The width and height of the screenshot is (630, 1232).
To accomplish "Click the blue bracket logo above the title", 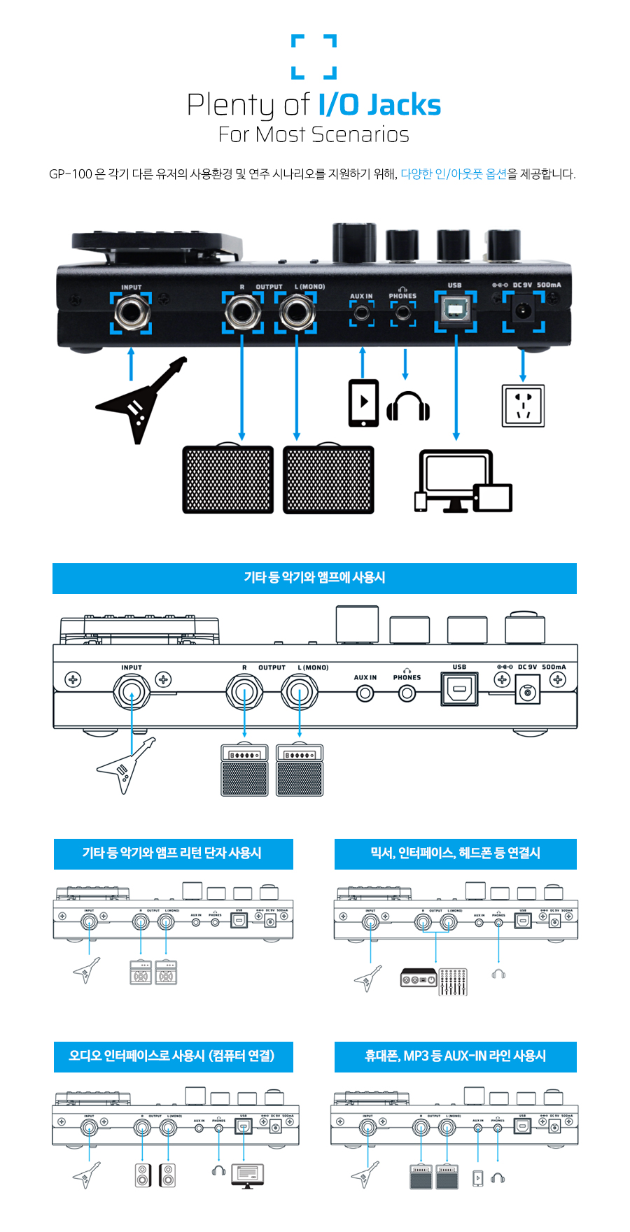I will click(314, 56).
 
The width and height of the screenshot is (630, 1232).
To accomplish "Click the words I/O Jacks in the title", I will click(379, 105).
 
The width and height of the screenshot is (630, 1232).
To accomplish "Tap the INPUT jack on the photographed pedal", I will click(132, 312).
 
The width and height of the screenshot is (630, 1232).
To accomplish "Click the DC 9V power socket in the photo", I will click(523, 311).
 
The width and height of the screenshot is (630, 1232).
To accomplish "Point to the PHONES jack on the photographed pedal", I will click(402, 313).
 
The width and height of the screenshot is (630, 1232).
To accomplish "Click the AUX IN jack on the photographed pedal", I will click(362, 313).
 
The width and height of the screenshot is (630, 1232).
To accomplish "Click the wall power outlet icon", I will click(523, 405).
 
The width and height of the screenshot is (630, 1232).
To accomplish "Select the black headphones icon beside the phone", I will click(408, 406).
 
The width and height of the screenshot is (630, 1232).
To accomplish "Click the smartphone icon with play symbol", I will click(363, 403).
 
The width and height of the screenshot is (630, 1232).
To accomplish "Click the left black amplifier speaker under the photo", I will click(228, 480).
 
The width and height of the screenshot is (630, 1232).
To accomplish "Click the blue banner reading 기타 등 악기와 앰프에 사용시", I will click(314, 578).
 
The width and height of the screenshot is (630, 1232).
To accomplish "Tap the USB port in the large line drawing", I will click(459, 689).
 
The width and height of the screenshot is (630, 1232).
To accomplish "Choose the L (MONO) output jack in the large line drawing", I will click(300, 693).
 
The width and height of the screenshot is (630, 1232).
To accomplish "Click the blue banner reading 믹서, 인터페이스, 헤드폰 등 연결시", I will click(455, 854).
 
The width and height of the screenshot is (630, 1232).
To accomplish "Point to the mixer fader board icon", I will click(453, 982).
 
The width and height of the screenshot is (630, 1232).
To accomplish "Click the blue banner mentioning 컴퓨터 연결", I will click(173, 1056).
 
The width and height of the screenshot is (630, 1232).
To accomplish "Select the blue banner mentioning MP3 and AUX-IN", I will click(455, 1056).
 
